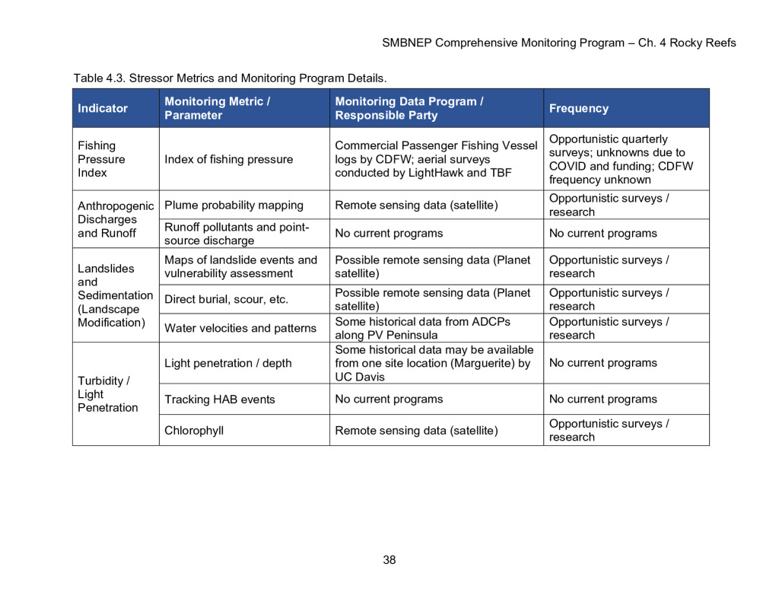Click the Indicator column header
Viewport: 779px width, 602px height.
(x=103, y=109)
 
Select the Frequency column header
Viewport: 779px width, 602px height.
(x=579, y=109)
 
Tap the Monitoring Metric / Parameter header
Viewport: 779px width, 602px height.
(x=218, y=108)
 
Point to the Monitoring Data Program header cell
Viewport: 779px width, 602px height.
(x=409, y=108)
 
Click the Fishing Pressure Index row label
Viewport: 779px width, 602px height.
(x=101, y=159)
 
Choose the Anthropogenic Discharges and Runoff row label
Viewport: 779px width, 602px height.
(x=116, y=219)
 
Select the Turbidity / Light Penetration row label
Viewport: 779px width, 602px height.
(x=108, y=394)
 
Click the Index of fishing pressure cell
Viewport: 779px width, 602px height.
(x=229, y=160)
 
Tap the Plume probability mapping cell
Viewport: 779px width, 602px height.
(x=234, y=205)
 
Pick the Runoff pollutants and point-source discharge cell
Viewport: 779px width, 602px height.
(x=237, y=234)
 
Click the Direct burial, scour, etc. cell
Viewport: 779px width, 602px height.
(x=227, y=299)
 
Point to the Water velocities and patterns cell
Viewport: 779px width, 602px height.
(x=240, y=329)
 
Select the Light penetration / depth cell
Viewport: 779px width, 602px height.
(x=228, y=363)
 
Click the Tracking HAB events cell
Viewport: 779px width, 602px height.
(x=220, y=400)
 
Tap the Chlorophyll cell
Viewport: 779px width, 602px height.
(x=194, y=431)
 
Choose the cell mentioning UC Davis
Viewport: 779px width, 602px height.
(x=433, y=363)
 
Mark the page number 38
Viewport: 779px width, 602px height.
(x=389, y=560)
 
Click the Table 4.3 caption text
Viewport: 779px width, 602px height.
(x=230, y=78)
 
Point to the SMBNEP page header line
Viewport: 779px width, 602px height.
(x=558, y=43)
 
